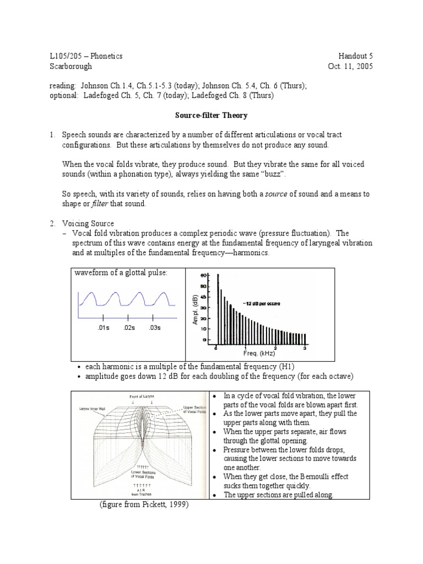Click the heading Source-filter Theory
click(x=211, y=115)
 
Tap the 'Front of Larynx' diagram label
click(x=142, y=396)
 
